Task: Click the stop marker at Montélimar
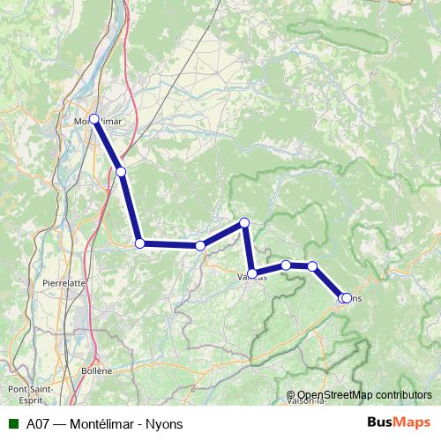pyautogui.click(x=93, y=118)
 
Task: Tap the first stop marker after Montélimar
pyautogui.click(x=121, y=171)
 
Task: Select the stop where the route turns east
pyautogui.click(x=139, y=243)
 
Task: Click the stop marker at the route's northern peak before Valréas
pyautogui.click(x=244, y=222)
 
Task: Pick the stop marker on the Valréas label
pyautogui.click(x=252, y=274)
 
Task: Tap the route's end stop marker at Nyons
pyautogui.click(x=346, y=299)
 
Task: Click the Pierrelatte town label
pyautogui.click(x=64, y=283)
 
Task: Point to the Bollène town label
pyautogui.click(x=97, y=370)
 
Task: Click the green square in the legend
pyautogui.click(x=12, y=423)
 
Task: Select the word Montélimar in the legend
pyautogui.click(x=98, y=423)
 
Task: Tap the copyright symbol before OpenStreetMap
pyautogui.click(x=291, y=395)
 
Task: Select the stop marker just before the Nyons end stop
pyautogui.click(x=312, y=266)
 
